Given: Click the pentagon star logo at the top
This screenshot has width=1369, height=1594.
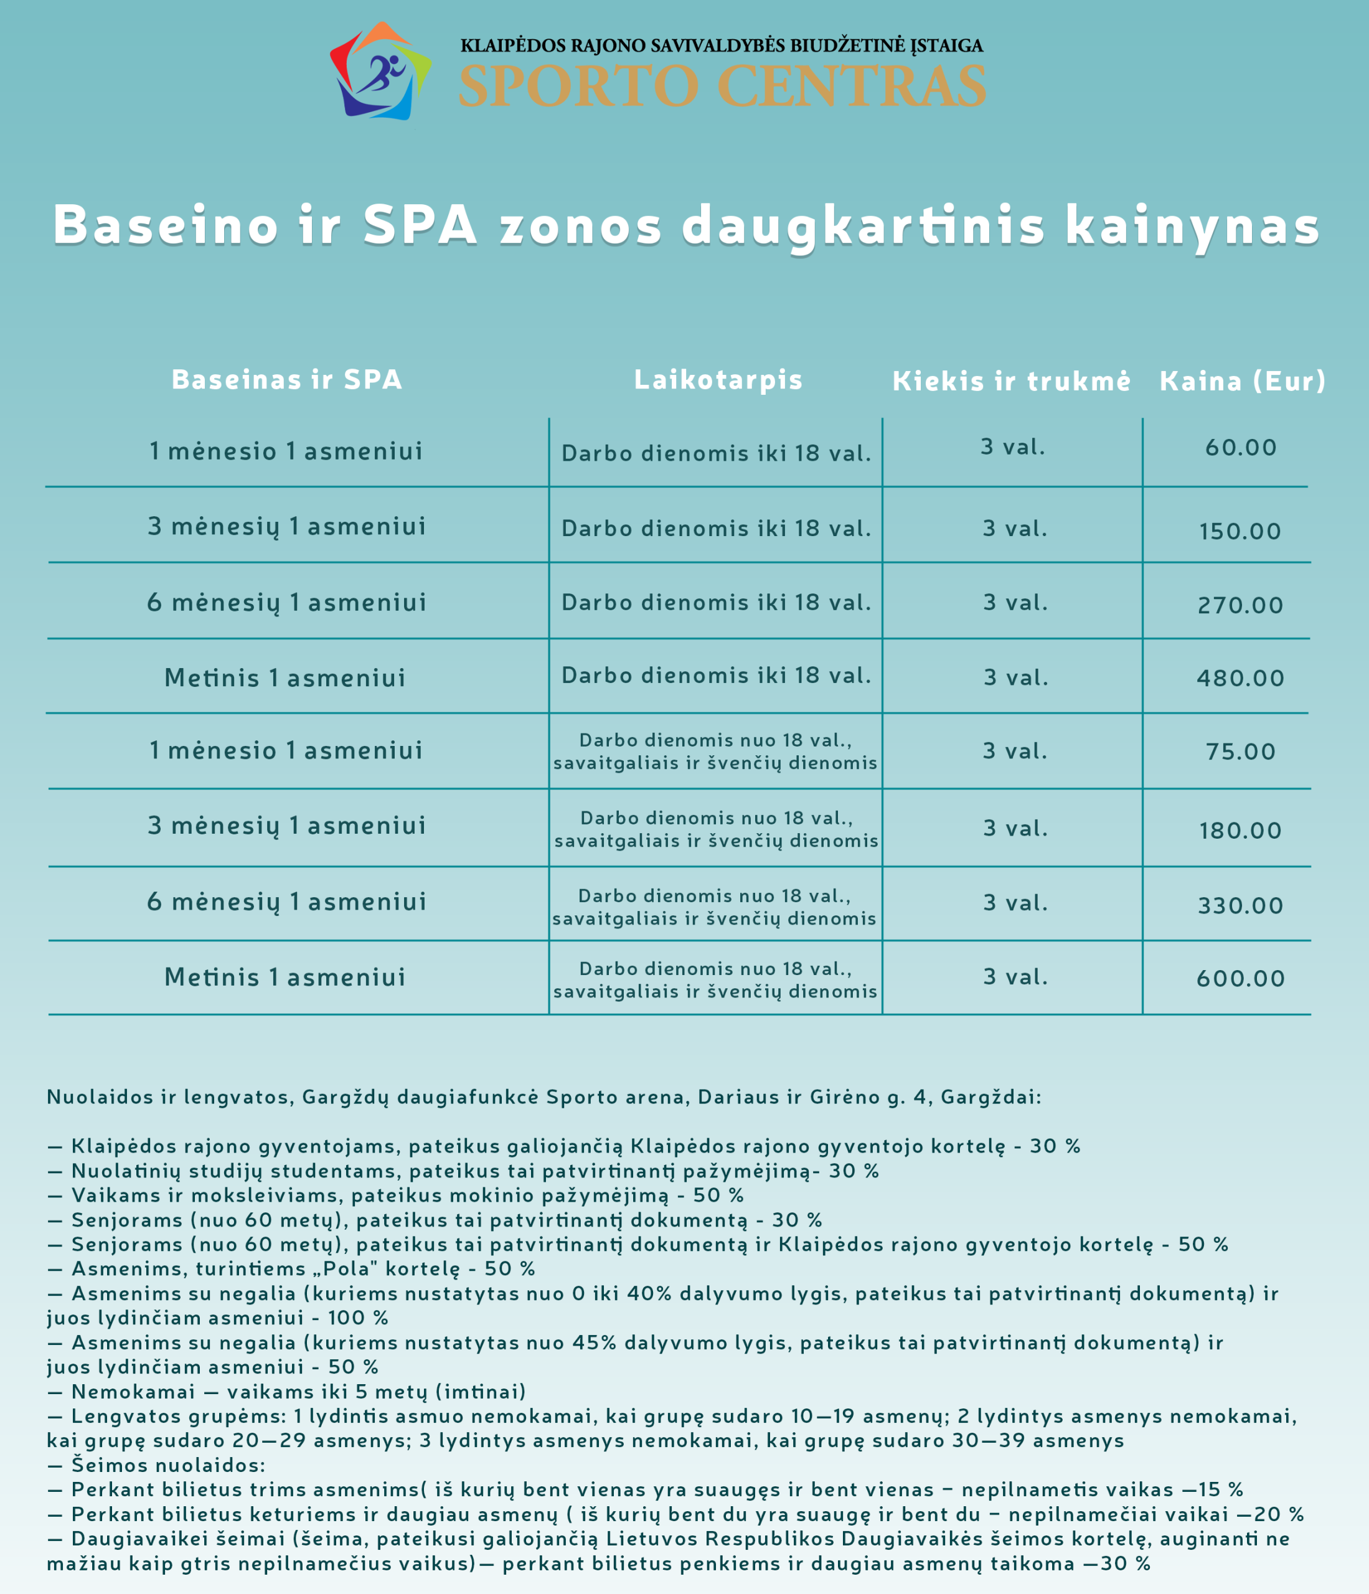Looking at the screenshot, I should point(380,72).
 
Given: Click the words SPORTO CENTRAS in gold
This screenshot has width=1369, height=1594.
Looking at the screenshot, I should point(722,86).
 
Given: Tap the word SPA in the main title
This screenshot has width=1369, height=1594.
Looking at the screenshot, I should point(420,225).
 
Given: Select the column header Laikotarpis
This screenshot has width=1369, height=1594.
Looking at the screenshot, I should point(718,379).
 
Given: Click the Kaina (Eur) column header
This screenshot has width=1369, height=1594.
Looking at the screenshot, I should point(1243,381).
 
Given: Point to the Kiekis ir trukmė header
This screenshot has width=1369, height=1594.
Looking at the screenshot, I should point(1012,381).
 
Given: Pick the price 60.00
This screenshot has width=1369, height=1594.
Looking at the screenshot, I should point(1241,448).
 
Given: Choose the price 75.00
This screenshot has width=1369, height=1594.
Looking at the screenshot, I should point(1241,752).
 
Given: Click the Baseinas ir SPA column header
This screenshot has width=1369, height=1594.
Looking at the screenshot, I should point(287,379).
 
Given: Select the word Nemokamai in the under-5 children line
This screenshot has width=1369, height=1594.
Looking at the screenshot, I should point(133,1392).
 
